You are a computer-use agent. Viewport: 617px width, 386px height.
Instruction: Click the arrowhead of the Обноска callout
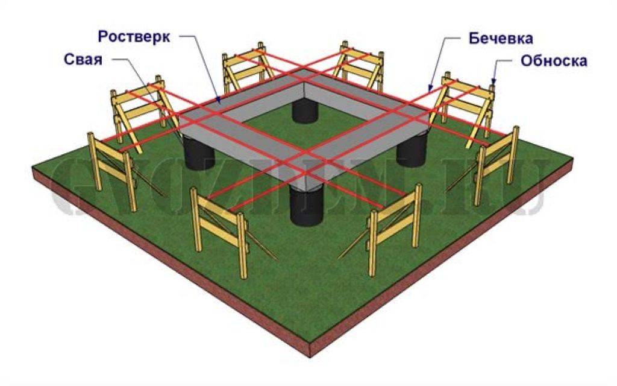click(x=494, y=83)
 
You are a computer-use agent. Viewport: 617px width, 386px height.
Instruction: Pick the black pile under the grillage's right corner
click(x=413, y=148)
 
